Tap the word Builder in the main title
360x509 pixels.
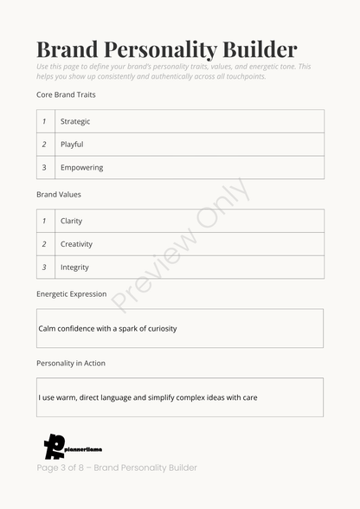tap(255, 49)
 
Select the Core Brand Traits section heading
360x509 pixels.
tap(66, 93)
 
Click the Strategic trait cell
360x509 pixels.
tap(75, 121)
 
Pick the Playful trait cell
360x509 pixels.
tap(72, 145)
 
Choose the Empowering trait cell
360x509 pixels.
tap(81, 168)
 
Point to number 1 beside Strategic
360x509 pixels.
tap(44, 121)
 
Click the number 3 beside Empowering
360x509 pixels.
tap(44, 168)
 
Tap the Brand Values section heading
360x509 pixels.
tap(59, 195)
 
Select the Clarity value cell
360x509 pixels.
tap(71, 221)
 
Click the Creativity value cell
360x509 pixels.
tap(76, 244)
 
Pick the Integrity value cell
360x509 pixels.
tap(74, 267)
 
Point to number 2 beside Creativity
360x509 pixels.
tap(44, 244)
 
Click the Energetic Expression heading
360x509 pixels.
tap(72, 294)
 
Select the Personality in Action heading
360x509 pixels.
tap(71, 363)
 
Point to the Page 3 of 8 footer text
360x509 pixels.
tap(117, 467)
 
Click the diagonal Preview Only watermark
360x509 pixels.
tap(182, 244)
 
